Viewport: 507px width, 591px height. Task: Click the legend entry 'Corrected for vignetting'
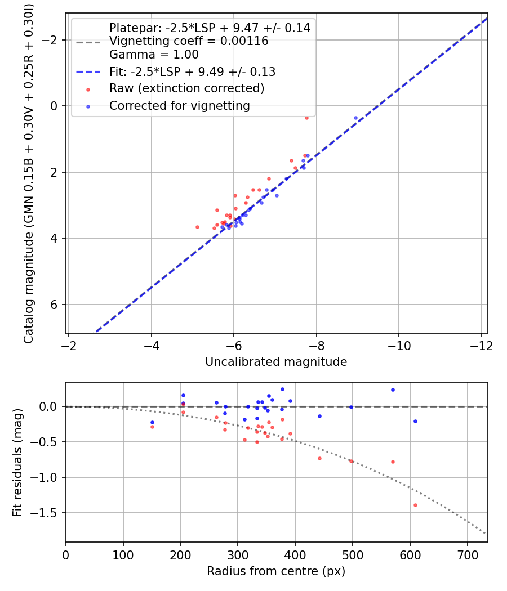tap(180, 105)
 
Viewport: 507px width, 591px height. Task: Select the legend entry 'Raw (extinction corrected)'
tap(186, 88)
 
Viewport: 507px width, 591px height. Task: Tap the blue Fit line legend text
tap(192, 72)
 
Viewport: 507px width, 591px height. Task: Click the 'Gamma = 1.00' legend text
tap(154, 55)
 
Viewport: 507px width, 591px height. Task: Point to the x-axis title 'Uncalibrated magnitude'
tap(276, 362)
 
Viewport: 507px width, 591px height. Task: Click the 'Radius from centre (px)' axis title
tap(276, 571)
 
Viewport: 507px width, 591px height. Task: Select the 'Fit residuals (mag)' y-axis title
tap(17, 462)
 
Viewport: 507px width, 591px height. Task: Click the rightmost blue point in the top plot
tap(355, 118)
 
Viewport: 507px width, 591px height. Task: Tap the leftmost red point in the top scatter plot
tap(197, 227)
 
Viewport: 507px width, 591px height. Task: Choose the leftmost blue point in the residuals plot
tap(152, 422)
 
